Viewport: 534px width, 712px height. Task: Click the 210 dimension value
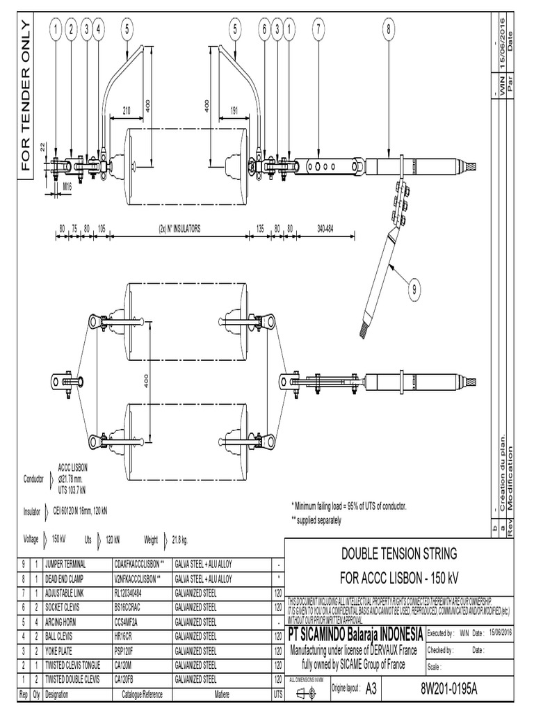tap(126, 110)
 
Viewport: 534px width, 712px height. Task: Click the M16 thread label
tap(67, 186)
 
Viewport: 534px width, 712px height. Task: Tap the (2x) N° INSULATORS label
tap(179, 227)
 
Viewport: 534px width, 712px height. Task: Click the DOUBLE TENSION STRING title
tap(398, 554)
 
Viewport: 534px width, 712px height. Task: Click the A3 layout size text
tap(370, 688)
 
